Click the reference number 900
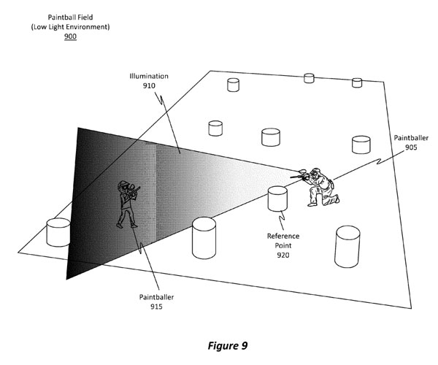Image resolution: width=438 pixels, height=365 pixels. [69, 36]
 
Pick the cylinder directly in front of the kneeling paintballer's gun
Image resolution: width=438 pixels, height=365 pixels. [277, 199]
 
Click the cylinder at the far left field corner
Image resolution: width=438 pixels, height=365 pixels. [57, 233]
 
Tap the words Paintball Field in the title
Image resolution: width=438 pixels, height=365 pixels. [69, 16]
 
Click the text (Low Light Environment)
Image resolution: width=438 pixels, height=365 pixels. [69, 26]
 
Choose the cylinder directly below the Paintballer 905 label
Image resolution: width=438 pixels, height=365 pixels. [363, 144]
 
